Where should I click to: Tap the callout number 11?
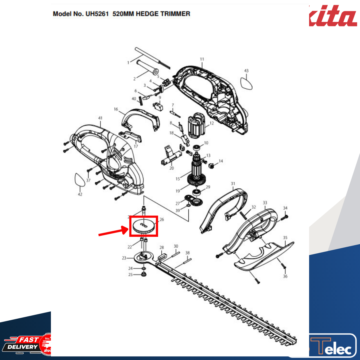(x=202, y=59)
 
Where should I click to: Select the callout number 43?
(x=246, y=71)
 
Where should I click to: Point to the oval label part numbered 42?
(x=79, y=180)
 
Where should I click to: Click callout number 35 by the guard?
(x=285, y=238)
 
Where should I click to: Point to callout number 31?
(x=233, y=184)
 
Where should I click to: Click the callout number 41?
(x=100, y=118)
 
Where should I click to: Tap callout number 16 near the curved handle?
(x=116, y=109)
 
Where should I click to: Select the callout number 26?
(x=162, y=219)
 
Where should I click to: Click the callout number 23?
(x=124, y=258)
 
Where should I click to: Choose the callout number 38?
(x=188, y=253)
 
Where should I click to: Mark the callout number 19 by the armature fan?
(x=178, y=191)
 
